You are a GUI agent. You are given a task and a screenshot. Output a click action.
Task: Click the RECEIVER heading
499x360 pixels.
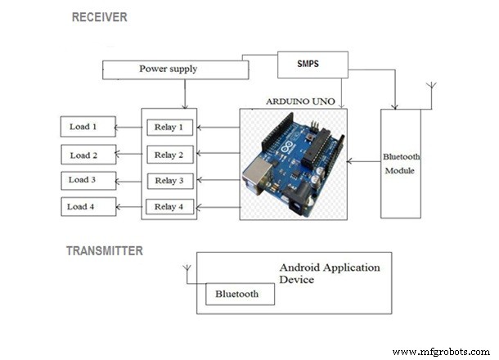click(x=99, y=17)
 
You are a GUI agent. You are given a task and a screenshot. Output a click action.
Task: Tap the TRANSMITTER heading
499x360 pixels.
click(x=105, y=251)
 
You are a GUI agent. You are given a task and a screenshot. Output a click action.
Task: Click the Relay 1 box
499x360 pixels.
click(x=169, y=127)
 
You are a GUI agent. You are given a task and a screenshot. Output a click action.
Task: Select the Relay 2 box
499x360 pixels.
click(x=169, y=155)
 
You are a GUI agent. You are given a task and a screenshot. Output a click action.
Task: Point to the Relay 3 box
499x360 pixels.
click(x=169, y=180)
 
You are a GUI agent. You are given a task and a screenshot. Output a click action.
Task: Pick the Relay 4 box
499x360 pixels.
click(x=169, y=206)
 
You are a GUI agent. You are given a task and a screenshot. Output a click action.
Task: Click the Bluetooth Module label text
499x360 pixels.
click(x=401, y=163)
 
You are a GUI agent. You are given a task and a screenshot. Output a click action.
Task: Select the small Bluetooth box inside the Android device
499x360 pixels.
click(x=237, y=294)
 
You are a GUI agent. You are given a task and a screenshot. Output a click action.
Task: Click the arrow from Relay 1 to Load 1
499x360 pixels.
click(x=128, y=127)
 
